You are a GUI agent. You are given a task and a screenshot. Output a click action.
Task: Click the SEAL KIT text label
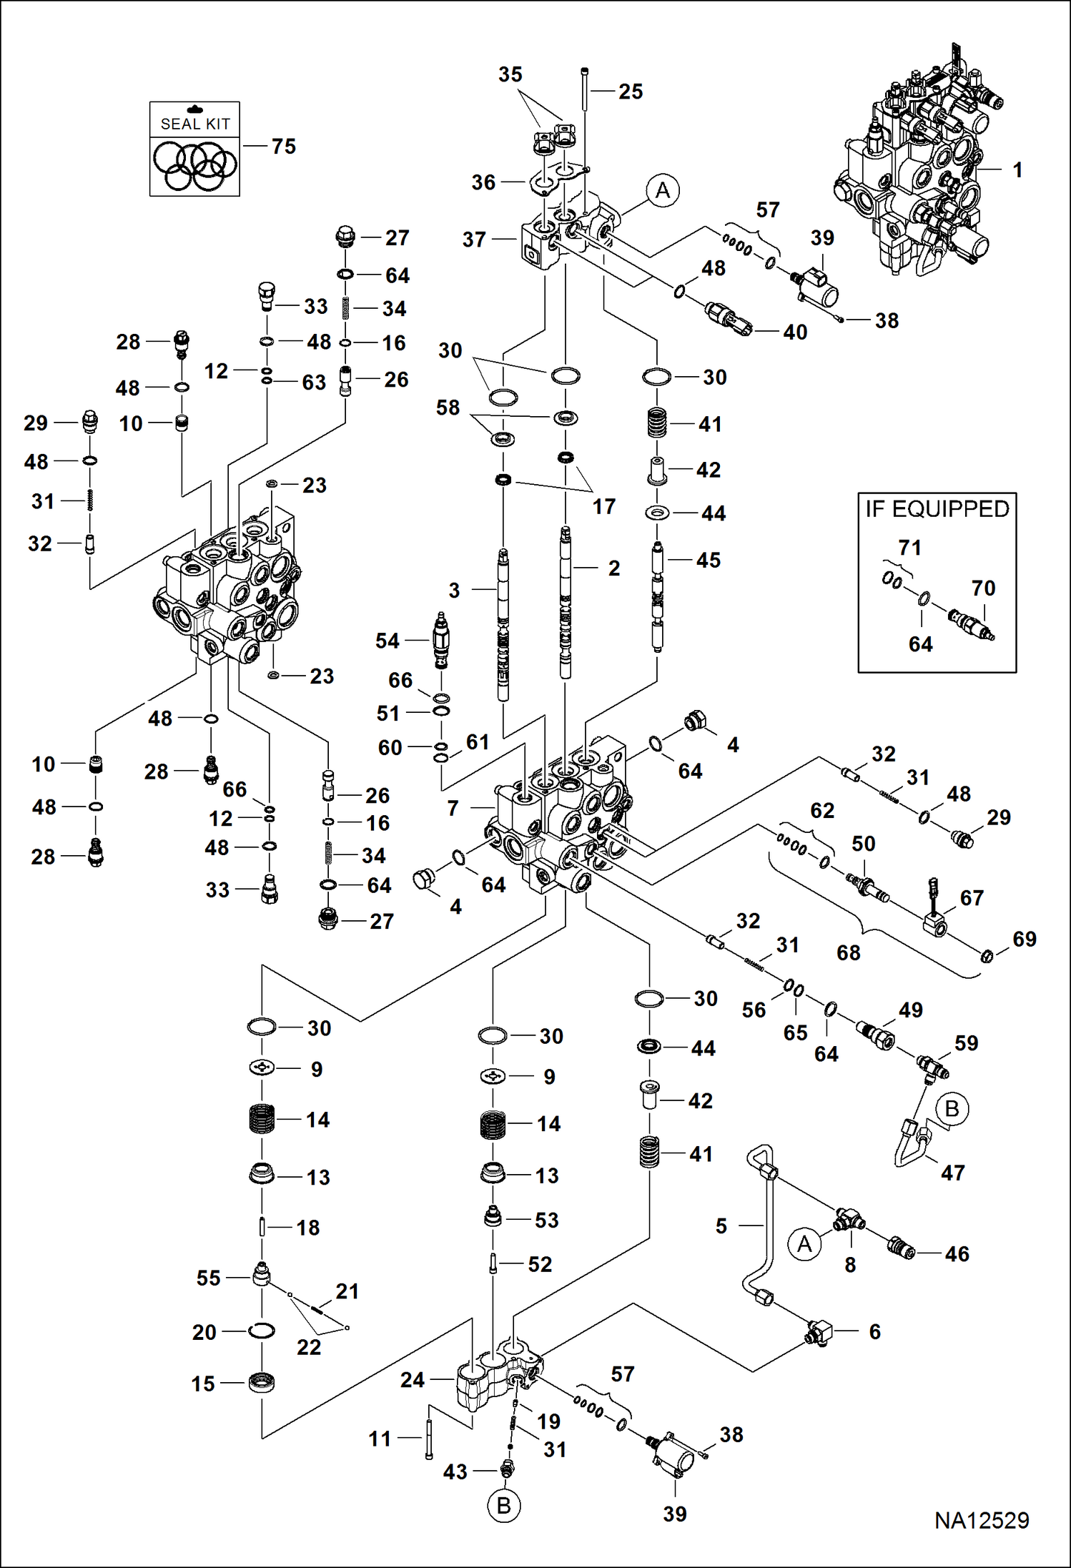[195, 124]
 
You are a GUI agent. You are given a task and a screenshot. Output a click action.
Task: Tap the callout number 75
[283, 147]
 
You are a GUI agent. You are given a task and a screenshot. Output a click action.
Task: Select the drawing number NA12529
[982, 1521]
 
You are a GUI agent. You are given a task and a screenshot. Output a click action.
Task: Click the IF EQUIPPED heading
[937, 509]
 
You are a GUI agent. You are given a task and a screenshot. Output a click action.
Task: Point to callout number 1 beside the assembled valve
[1017, 170]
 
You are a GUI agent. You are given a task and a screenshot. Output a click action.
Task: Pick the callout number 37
[474, 240]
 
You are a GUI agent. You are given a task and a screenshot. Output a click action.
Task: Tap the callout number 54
[388, 641]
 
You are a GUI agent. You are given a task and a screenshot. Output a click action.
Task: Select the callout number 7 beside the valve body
[453, 809]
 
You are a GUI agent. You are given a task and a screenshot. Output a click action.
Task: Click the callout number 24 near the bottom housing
[413, 1380]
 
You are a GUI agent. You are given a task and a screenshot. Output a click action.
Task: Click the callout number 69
[1025, 940]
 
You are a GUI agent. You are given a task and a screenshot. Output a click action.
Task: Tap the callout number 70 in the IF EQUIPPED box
[983, 588]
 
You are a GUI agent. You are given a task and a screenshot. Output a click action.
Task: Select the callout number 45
[709, 561]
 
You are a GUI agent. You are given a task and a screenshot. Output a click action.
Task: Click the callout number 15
[203, 1384]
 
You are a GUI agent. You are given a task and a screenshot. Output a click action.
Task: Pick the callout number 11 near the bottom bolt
[380, 1439]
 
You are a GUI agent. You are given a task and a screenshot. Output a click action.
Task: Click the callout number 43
[455, 1471]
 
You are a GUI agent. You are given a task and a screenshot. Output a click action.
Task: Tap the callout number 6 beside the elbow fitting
[874, 1331]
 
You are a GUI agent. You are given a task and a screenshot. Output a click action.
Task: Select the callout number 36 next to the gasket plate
[483, 183]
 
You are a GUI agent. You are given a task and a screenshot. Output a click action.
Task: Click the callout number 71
[909, 548]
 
